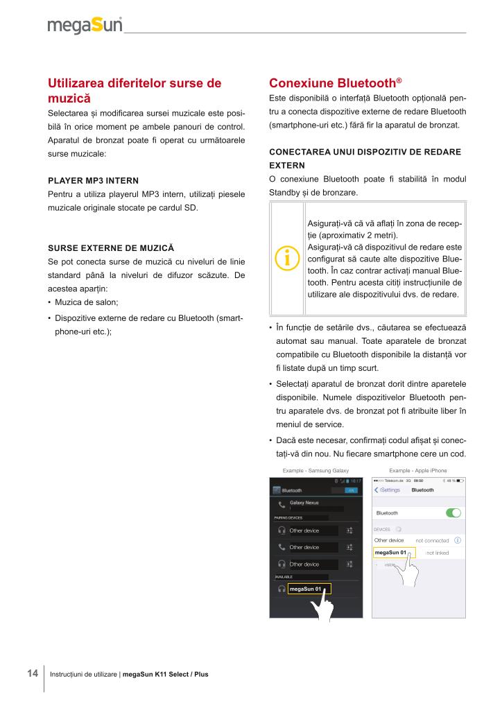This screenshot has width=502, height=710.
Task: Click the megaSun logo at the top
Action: pos(85,26)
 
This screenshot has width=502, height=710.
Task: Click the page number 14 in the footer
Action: pos(32,673)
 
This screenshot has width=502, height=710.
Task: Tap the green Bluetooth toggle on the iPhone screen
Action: pos(454,513)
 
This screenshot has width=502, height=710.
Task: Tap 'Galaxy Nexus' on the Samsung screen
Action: pos(304,502)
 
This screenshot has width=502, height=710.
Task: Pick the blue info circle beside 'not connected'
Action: pos(458,540)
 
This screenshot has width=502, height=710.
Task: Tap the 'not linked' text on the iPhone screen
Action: pos(438,553)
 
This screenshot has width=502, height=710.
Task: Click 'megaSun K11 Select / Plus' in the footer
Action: pos(165,674)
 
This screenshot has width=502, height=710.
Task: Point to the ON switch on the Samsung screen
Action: pos(352,490)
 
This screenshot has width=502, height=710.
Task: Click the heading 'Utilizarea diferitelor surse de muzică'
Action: pos(135,91)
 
